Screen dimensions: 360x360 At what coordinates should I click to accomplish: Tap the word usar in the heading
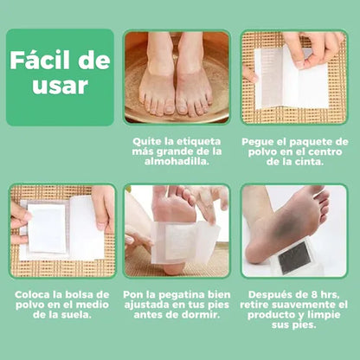click(x=60, y=87)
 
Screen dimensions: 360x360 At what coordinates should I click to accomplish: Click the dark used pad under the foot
click(x=290, y=256)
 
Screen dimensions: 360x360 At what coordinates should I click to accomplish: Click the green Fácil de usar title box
click(x=60, y=76)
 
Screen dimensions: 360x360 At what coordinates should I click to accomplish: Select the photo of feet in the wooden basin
click(x=177, y=78)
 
